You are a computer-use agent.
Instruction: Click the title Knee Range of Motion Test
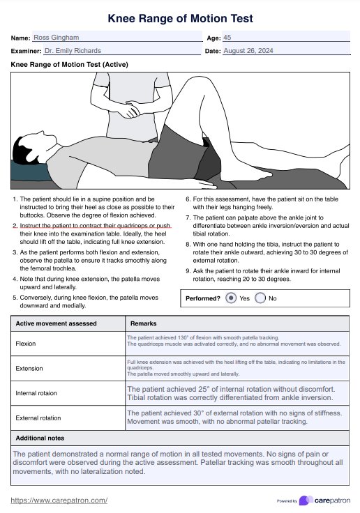[x=180, y=18]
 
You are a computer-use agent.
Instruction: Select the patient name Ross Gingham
[x=57, y=38]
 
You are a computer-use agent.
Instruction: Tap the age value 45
[x=227, y=38]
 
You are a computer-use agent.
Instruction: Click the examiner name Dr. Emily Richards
[x=73, y=51]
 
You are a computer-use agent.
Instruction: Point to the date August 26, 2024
[x=248, y=51]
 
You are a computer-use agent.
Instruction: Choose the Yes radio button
[x=231, y=298]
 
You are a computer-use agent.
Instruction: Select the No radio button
[x=260, y=298]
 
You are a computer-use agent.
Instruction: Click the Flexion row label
[x=26, y=344]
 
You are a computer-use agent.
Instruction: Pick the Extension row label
[x=29, y=369]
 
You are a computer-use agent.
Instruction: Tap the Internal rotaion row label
[x=36, y=393]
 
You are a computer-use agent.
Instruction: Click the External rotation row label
[x=38, y=418]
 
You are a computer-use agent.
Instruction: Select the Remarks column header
[x=144, y=323]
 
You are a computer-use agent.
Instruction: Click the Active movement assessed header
[x=56, y=323]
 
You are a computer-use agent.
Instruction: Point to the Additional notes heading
[x=40, y=438]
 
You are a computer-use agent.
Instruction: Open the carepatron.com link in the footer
[x=59, y=500]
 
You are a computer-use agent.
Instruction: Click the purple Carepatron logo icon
[x=306, y=500]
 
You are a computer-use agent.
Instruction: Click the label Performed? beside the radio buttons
[x=203, y=298]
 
